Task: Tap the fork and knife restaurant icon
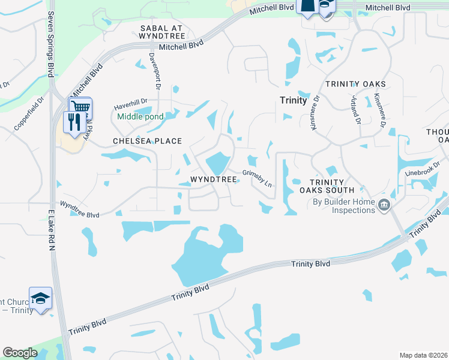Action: (x=74, y=122)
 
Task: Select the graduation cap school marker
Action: (x=40, y=299)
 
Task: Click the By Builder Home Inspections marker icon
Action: (x=383, y=207)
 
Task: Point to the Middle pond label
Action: (x=140, y=116)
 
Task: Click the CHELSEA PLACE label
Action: (x=147, y=141)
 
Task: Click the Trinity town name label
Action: (x=294, y=101)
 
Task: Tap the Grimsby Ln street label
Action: (x=258, y=178)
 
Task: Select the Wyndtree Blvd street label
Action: (x=79, y=209)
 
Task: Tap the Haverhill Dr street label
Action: (x=131, y=107)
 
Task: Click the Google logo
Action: (x=20, y=353)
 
